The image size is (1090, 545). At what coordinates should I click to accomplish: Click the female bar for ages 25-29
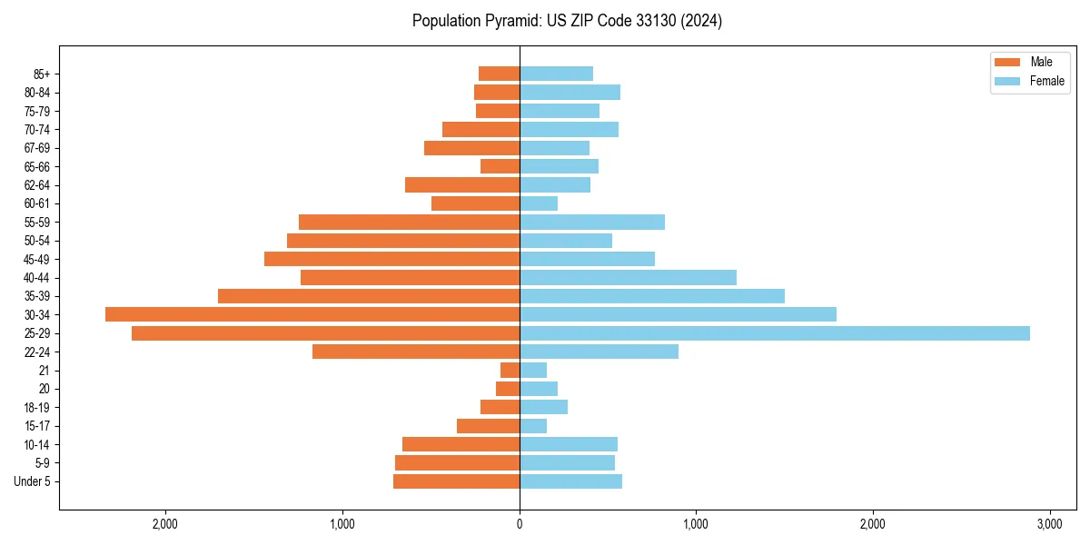(x=774, y=333)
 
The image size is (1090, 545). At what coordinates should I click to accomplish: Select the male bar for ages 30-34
(x=312, y=314)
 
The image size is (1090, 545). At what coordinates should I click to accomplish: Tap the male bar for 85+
(x=499, y=74)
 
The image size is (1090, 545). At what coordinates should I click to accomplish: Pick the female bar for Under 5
(x=570, y=481)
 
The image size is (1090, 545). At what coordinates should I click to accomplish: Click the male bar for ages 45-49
(x=391, y=259)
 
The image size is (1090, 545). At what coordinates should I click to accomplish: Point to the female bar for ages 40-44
(x=628, y=277)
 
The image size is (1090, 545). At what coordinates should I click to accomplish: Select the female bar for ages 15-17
(x=533, y=426)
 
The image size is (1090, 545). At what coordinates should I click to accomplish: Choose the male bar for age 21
(x=510, y=371)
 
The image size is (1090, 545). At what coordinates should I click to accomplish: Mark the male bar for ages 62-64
(x=462, y=185)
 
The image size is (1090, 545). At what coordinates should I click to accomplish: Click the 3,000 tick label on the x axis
(x=1049, y=525)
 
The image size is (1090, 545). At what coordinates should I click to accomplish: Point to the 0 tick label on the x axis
(x=520, y=525)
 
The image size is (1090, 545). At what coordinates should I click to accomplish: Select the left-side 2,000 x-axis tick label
(x=165, y=525)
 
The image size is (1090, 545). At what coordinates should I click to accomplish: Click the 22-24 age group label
(x=36, y=352)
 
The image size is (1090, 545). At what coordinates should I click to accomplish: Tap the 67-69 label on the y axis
(x=36, y=148)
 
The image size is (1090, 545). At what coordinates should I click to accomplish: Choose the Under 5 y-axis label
(x=32, y=481)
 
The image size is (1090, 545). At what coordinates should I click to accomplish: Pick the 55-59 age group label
(x=36, y=223)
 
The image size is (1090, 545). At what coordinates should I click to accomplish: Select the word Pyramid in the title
(x=513, y=21)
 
